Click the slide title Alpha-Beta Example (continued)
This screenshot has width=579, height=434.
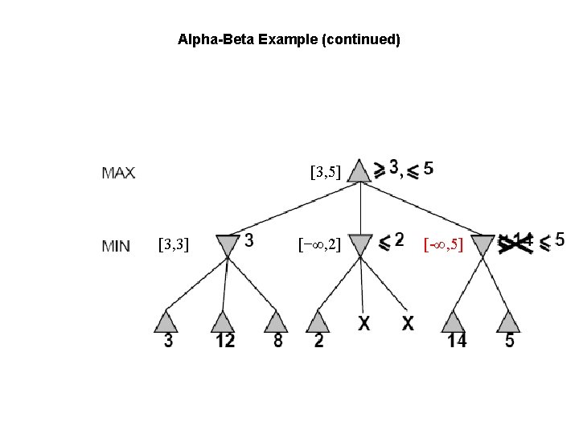289,39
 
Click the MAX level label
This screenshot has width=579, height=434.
119,172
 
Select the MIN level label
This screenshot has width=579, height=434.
116,246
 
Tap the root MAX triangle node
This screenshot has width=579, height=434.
360,171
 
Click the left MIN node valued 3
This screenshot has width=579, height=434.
228,243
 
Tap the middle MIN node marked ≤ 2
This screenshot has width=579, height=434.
362,243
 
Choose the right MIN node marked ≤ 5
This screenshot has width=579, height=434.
483,243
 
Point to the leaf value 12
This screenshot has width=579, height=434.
225,342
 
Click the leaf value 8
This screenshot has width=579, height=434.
277,342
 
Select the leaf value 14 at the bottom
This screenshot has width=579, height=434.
457,342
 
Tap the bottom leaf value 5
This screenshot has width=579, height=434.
510,342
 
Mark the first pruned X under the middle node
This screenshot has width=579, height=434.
364,324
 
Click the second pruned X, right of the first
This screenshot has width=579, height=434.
408,324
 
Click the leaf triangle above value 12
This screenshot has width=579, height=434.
223,321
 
